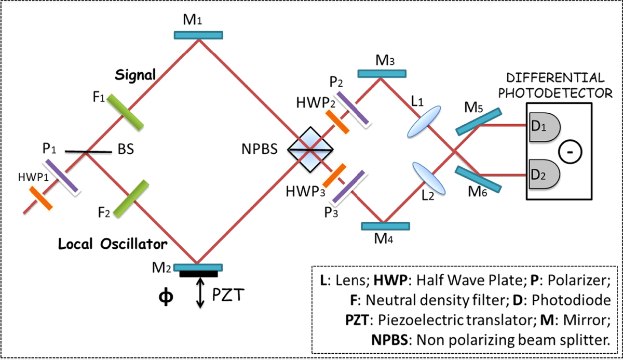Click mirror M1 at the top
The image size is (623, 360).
[198, 35]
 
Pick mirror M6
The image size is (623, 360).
[478, 178]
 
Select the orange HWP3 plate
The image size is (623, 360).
[334, 176]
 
